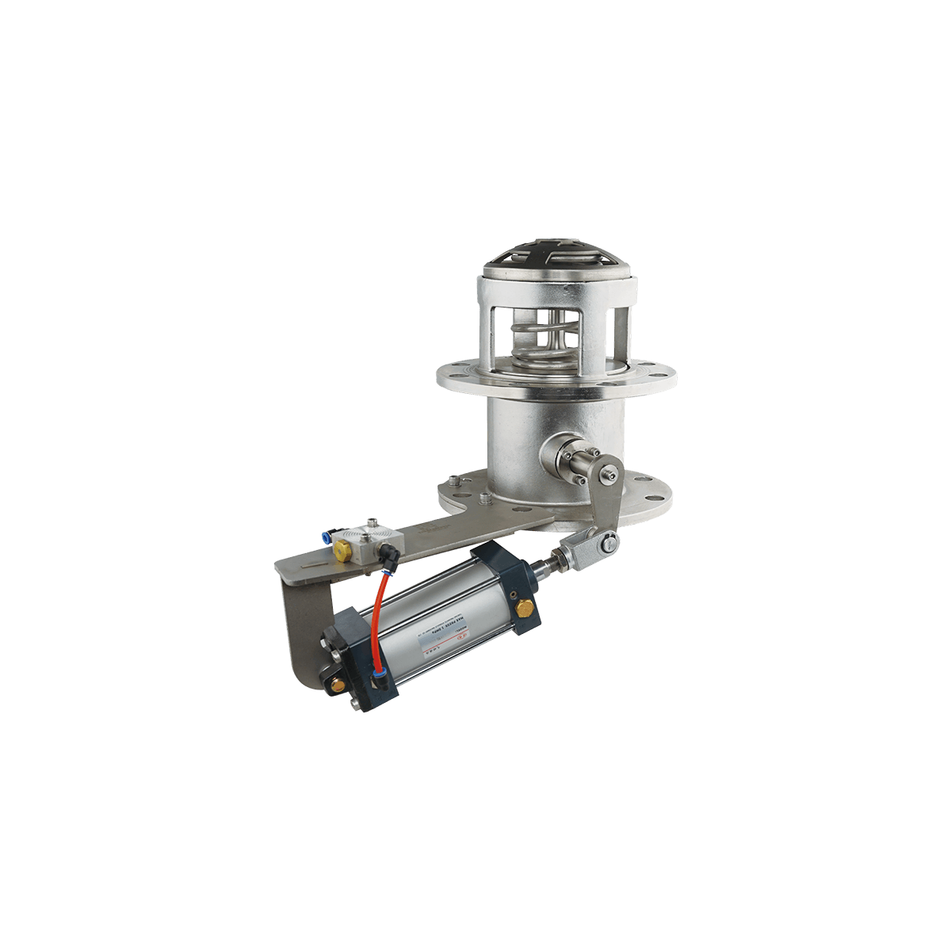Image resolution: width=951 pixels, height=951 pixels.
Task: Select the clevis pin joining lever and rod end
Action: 610,542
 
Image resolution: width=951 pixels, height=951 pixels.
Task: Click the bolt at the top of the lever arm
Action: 609,474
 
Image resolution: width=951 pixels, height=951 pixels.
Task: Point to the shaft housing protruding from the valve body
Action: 564,460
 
